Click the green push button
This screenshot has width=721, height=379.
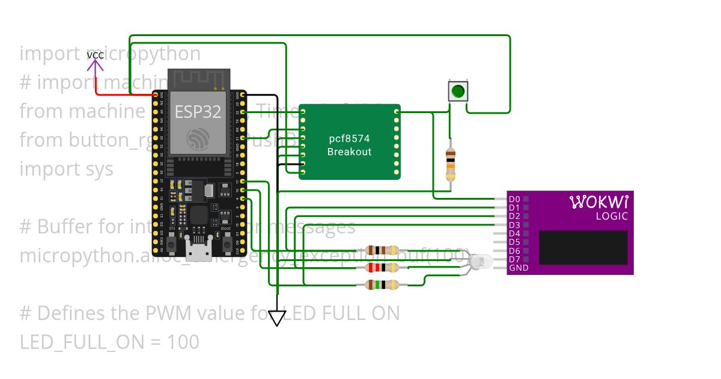point(458,91)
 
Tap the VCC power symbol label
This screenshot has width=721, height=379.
point(96,55)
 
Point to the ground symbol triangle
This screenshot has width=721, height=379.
point(276,318)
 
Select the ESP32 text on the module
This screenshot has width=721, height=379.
point(198,111)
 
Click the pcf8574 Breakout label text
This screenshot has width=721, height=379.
point(349,145)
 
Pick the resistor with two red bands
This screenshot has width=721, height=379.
point(382,267)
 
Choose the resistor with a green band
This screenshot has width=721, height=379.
point(382,285)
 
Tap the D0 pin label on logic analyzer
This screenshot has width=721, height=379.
point(514,199)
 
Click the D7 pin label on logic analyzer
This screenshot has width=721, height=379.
point(514,259)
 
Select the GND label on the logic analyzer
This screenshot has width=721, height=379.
point(519,268)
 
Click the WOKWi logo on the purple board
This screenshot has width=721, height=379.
point(598,201)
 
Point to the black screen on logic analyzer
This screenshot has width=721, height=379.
point(583,247)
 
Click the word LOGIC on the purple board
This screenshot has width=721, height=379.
point(612,217)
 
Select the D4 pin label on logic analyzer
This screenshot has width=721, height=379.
point(514,233)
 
